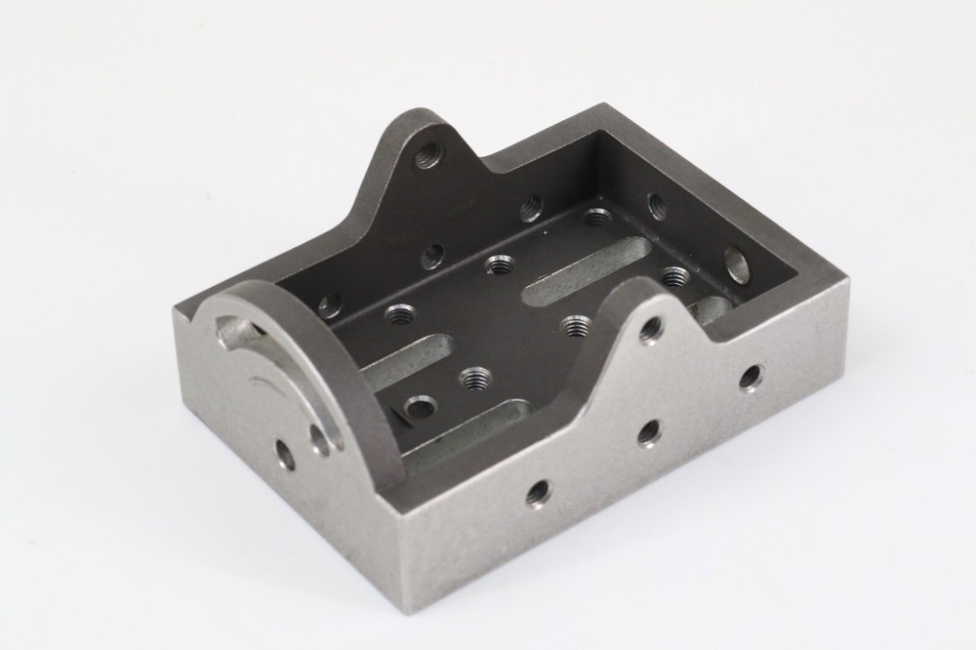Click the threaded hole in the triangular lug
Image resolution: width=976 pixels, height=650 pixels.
click(x=427, y=152)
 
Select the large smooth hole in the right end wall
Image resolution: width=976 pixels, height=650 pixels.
click(x=738, y=264)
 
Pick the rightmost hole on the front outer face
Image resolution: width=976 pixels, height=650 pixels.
click(x=751, y=378)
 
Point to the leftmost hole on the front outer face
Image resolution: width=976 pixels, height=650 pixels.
click(x=538, y=494)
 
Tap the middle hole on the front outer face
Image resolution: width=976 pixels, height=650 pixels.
click(x=649, y=432)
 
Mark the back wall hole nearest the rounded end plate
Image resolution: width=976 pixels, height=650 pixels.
click(x=330, y=305)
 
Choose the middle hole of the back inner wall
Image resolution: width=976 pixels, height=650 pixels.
click(x=432, y=256)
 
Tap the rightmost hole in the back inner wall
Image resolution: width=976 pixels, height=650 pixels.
click(x=530, y=207)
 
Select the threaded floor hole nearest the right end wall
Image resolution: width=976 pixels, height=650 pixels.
click(x=672, y=276)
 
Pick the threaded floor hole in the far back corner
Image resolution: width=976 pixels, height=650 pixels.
click(x=598, y=217)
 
